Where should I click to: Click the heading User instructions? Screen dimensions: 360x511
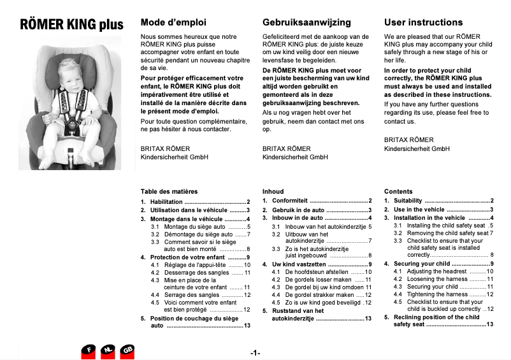coord(424,22)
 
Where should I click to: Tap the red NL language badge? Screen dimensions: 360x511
coord(109,350)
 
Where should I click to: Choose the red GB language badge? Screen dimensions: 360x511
coord(127,350)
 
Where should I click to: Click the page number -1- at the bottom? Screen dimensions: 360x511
coord(255,352)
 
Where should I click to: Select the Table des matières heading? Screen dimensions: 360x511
coord(169,191)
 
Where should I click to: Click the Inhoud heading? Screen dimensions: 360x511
coord(273,191)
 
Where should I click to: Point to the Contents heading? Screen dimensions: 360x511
coord(398,191)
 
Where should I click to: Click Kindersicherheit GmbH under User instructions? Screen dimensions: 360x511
coord(417,148)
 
